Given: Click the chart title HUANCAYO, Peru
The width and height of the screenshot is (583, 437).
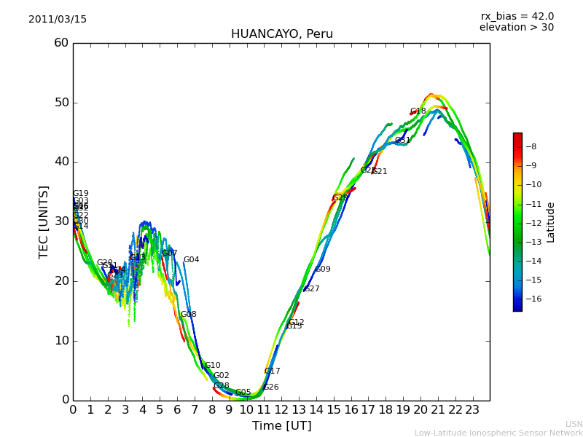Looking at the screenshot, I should coord(281,34).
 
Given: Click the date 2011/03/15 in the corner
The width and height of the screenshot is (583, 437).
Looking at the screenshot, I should coord(58,19).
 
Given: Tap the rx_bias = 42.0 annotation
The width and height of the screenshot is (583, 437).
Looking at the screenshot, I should coord(517,16).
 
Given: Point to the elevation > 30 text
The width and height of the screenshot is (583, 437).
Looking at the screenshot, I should coord(516,28).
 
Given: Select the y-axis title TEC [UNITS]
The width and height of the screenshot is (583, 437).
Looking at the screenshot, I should coord(44,221).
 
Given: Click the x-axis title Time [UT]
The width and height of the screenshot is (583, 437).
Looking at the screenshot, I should coord(281,425).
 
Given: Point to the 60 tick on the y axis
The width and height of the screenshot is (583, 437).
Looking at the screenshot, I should coord(61,43).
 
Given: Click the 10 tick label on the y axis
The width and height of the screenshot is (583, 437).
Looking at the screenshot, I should coord(61,340).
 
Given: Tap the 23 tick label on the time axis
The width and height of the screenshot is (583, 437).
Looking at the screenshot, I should coord(472,409).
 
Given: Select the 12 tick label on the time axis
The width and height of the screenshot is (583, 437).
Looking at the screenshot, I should coord(281,409).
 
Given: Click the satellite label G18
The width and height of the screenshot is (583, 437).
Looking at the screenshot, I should coord(418,111).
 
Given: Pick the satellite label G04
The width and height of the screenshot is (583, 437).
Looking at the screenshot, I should coord(191,260).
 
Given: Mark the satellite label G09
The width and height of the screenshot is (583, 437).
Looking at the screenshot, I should coord(323,269).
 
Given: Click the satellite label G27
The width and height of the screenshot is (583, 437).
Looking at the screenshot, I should coord(312,289).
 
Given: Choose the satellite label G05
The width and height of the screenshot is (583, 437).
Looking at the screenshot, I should coord(243,393).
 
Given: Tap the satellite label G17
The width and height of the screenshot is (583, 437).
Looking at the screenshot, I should coord(273,371).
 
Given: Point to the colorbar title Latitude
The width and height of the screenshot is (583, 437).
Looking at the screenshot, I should coord(551,221).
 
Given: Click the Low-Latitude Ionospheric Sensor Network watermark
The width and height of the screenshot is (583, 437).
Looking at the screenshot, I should coord(498,433).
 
